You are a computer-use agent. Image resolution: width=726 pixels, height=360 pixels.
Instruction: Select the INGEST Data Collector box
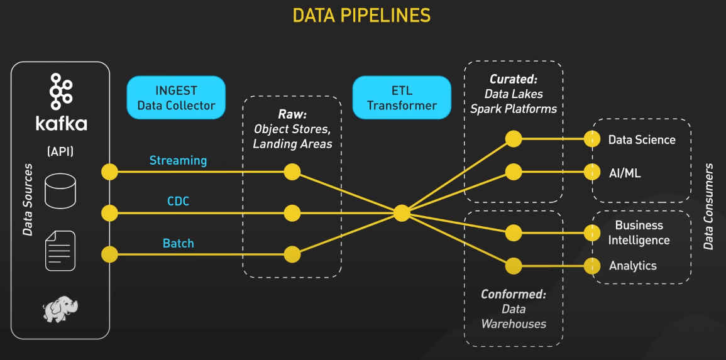[176, 97]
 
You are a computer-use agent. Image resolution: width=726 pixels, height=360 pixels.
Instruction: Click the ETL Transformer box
[402, 97]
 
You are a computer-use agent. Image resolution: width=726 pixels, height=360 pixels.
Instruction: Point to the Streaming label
[178, 160]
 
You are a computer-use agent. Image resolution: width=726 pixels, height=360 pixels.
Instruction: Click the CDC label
[178, 202]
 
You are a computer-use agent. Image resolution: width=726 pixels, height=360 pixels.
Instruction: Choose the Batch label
[178, 243]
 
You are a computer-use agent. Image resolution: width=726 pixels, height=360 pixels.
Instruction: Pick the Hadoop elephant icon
[61, 308]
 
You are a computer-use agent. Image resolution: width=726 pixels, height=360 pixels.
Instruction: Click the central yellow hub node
[402, 213]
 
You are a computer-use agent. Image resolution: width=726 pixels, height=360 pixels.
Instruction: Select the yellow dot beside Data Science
[591, 139]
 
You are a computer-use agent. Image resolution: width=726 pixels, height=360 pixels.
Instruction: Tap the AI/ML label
[625, 173]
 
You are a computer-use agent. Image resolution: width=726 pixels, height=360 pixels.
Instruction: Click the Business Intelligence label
[639, 232]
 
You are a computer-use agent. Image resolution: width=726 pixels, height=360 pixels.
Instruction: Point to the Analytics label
[632, 266]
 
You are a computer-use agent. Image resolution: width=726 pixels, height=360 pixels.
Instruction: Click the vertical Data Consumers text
[708, 207]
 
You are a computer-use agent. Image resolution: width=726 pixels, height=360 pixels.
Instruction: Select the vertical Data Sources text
[28, 200]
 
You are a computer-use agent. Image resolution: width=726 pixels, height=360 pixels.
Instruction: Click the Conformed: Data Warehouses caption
[514, 309]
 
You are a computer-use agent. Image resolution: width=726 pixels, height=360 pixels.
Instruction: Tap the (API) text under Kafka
[61, 151]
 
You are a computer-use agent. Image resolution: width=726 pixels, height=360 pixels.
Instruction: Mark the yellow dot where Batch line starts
[109, 254]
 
